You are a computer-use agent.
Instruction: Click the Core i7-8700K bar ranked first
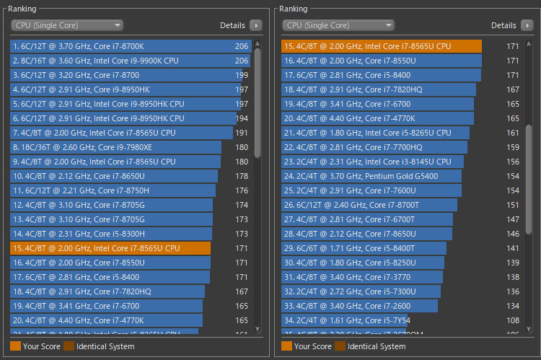pyautogui.click(x=130, y=46)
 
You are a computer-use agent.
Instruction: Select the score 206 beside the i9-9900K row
pyautogui.click(x=242, y=61)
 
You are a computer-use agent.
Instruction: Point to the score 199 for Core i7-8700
pyautogui.click(x=242, y=75)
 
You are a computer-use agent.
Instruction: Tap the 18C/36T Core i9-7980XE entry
pyautogui.click(x=115, y=147)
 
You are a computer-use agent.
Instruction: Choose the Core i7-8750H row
pyautogui.click(x=113, y=190)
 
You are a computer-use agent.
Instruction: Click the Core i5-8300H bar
pyautogui.click(x=111, y=234)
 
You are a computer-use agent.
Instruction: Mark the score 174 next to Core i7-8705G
pyautogui.click(x=242, y=205)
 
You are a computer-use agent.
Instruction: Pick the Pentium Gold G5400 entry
pyautogui.click(x=372, y=176)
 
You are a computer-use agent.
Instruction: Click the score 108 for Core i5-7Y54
pyautogui.click(x=513, y=320)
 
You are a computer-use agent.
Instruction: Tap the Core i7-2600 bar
pyautogui.click(x=361, y=306)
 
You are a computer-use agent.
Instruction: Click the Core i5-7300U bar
pyautogui.click(x=361, y=291)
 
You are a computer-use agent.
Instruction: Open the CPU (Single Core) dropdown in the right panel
pyautogui.click(x=338, y=25)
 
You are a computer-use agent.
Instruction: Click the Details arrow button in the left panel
pyautogui.click(x=255, y=25)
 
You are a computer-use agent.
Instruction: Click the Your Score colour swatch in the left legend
pyautogui.click(x=16, y=346)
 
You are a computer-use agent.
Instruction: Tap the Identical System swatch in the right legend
pyautogui.click(x=340, y=346)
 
